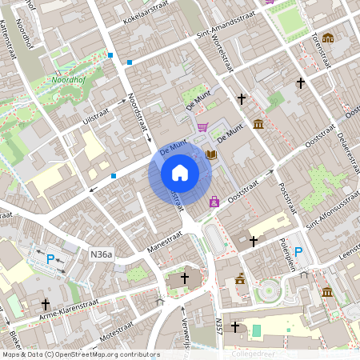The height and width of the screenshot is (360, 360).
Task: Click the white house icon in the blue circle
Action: pos(180,173)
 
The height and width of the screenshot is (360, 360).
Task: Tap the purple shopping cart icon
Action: pos(203,126)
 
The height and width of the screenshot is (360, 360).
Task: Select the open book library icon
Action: pos(211,154)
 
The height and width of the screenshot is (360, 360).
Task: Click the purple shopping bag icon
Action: pos(214,202)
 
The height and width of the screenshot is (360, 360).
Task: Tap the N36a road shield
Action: pos(102,254)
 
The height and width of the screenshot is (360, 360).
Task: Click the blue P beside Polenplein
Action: pos(298,253)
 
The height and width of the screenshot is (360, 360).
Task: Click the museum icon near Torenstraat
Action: pos(328,38)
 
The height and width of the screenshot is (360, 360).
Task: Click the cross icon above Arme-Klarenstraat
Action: pos(46,305)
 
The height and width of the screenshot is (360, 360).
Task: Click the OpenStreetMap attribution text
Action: pos(80,354)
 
